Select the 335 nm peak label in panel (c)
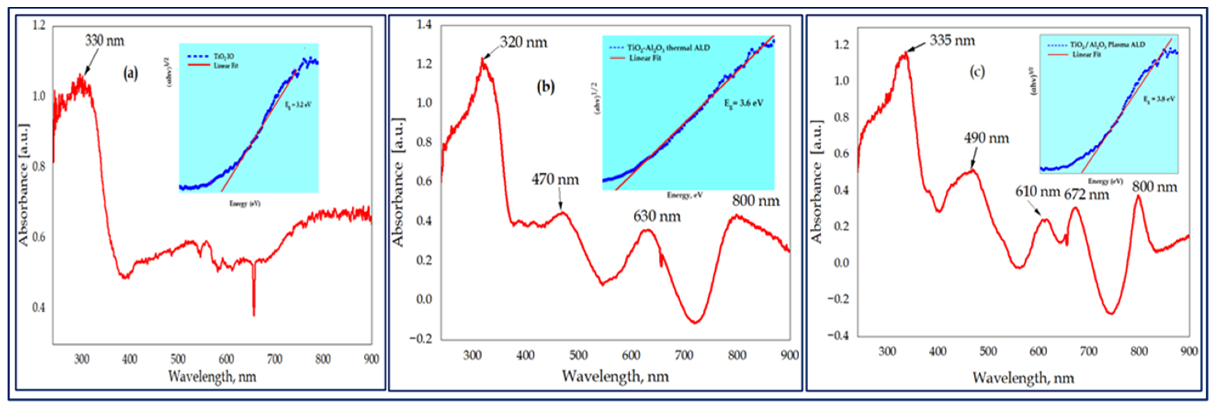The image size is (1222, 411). pos(952,40)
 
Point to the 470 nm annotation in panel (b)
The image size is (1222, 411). pos(555,180)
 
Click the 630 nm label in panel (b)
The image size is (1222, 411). pos(657,217)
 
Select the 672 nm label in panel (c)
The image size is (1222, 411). pos(1086,194)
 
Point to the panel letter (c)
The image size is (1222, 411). pos(977,72)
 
